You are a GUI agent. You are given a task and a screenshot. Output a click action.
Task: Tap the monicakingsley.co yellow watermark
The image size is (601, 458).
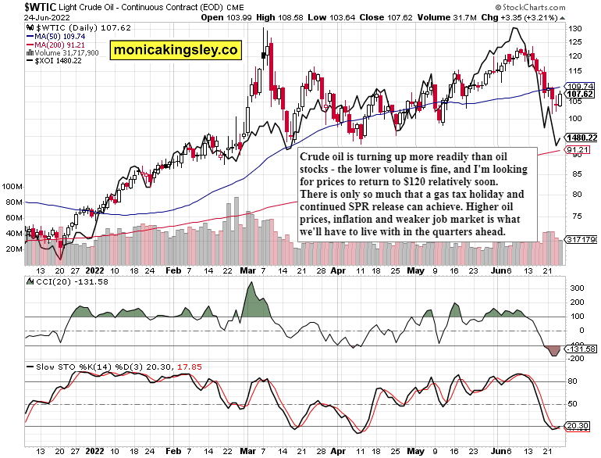pyautogui.click(x=175, y=51)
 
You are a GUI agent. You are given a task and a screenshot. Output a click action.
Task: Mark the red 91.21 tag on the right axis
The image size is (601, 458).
pyautogui.click(x=579, y=149)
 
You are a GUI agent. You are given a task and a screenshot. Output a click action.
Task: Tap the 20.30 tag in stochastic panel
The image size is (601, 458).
pyautogui.click(x=580, y=427)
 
